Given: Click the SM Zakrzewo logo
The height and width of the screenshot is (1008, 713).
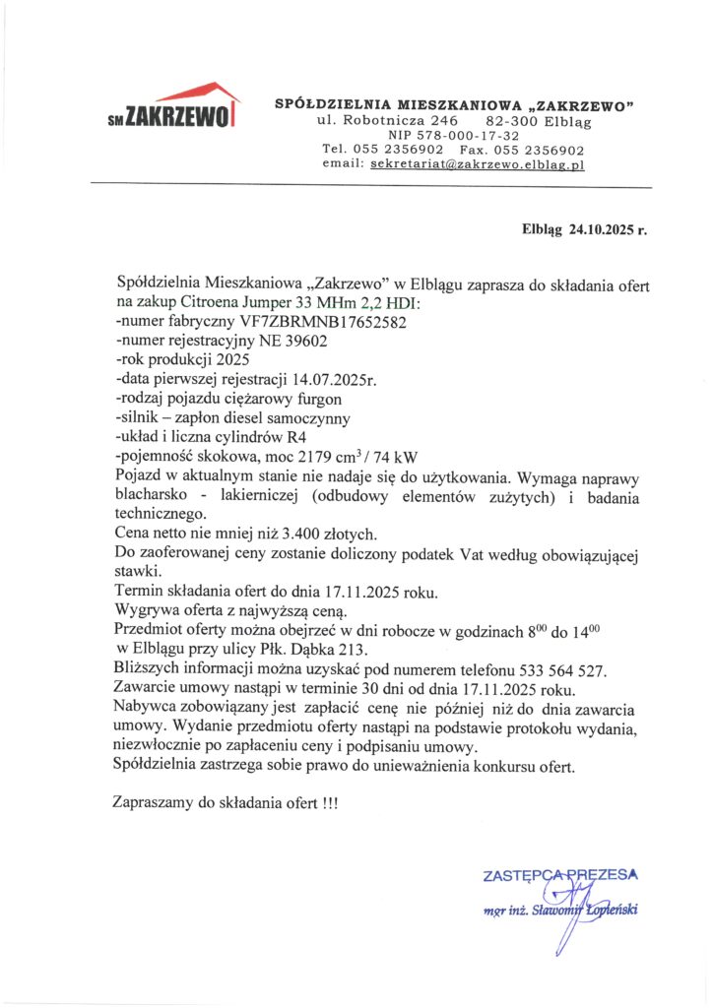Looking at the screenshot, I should [173, 108].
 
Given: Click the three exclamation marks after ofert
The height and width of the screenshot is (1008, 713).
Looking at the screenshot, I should [329, 802].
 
